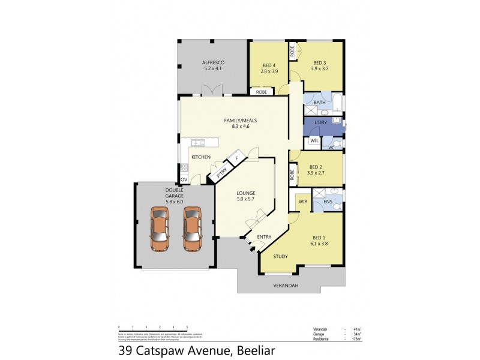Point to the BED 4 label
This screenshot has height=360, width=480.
(269, 65)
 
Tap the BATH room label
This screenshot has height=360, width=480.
(319, 103)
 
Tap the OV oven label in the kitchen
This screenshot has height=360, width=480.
(184, 178)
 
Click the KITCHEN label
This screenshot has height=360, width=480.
(200, 157)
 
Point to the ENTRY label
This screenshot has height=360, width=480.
(264, 236)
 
